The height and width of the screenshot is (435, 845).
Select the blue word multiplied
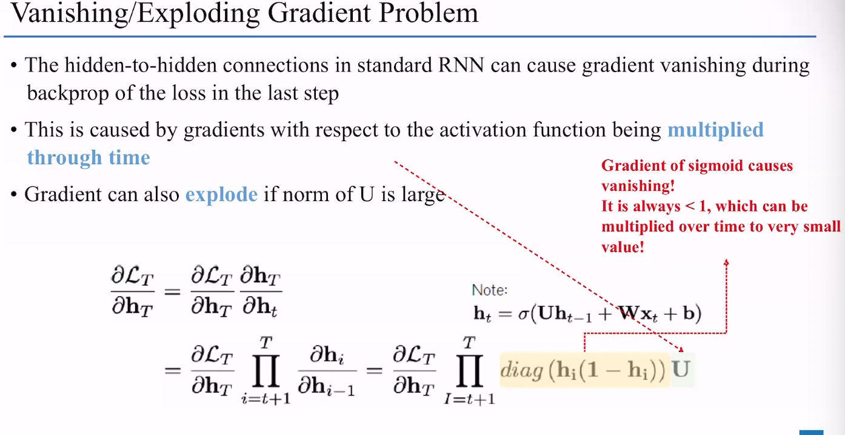tap(715, 130)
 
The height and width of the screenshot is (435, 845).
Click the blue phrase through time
tap(89, 158)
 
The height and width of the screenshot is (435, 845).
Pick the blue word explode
tap(221, 194)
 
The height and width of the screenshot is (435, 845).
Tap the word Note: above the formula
tap(490, 290)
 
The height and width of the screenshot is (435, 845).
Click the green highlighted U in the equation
tap(681, 369)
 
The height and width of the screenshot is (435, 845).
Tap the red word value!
tap(622, 247)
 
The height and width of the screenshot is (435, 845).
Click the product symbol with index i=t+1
tap(264, 369)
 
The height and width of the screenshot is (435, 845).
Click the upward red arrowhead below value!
tap(726, 262)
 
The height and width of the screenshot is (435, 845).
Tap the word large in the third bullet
tap(422, 195)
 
